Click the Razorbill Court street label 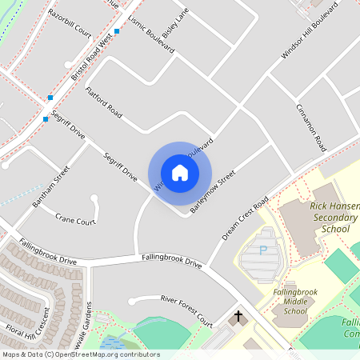pos(70,25)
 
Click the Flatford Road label pos(103,104)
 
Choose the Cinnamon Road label pos(311,127)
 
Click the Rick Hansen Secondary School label pos(318,217)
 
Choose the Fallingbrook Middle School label pos(295,302)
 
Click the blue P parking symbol pos(263,250)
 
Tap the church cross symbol pos(238,318)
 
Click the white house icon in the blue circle pos(180,173)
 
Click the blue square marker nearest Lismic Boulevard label pos(117,31)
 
